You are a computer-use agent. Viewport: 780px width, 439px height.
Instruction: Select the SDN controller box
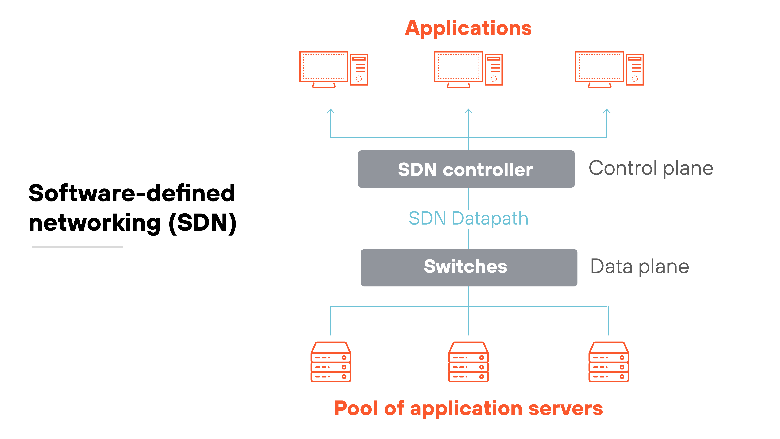(466, 169)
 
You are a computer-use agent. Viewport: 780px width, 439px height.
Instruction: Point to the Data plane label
(639, 267)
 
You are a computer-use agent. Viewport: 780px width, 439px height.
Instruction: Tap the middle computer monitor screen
(458, 67)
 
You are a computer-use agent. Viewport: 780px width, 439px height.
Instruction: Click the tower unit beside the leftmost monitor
(359, 70)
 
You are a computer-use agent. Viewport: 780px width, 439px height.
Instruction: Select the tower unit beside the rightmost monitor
(635, 70)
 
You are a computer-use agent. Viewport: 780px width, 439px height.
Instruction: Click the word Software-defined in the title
(132, 193)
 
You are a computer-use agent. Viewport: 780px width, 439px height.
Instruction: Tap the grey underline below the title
(78, 247)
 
